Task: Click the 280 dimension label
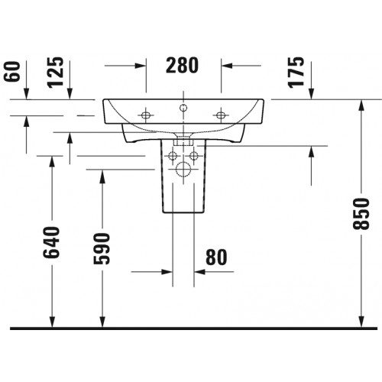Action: coord(182,66)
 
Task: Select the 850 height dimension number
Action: coord(361,214)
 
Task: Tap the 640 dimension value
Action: coord(51,242)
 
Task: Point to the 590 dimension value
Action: coord(102,248)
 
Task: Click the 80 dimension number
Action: coord(216,257)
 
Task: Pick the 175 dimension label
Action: coord(296,73)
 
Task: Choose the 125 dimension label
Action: coord(56,73)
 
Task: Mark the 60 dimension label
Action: coord(12,72)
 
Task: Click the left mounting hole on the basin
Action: coord(146,115)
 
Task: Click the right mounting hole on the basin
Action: coord(221,115)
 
